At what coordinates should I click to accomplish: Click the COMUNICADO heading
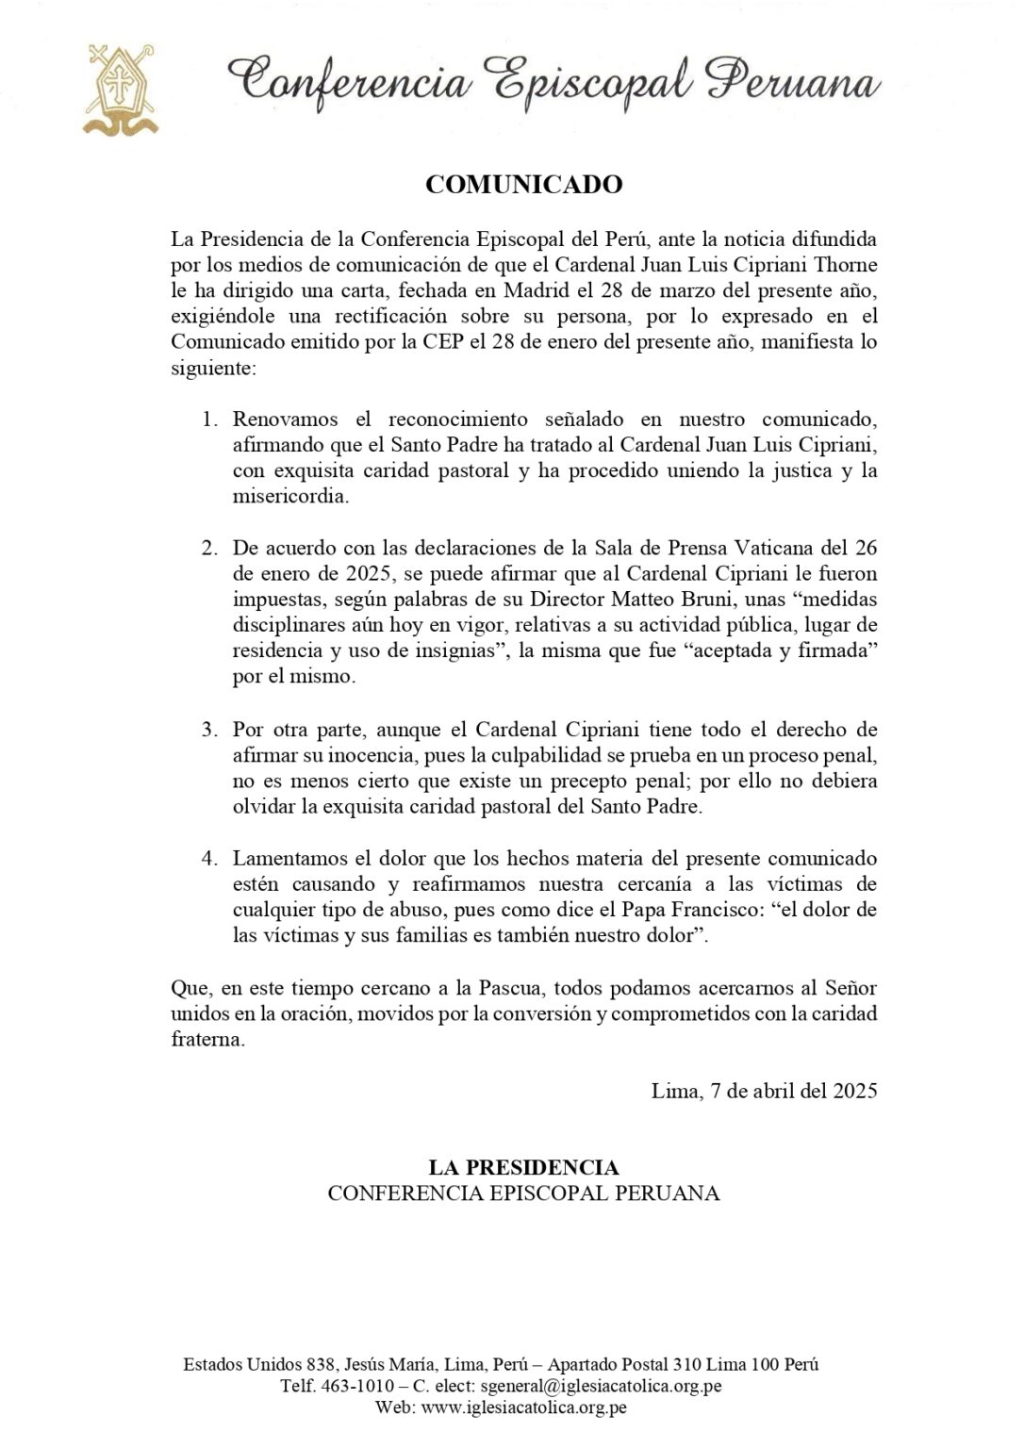point(523,185)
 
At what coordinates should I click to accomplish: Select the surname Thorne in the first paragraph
point(845,265)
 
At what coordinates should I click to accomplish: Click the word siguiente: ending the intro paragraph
point(213,367)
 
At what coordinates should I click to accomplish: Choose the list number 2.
point(209,548)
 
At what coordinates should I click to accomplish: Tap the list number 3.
point(209,730)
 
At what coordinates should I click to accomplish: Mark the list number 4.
point(209,859)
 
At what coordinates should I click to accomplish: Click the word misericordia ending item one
point(290,496)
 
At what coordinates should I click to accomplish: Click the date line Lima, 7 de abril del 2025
point(764,1091)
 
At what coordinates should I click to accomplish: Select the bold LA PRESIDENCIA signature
point(523,1167)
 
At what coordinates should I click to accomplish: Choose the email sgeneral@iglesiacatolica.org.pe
point(601,1386)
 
